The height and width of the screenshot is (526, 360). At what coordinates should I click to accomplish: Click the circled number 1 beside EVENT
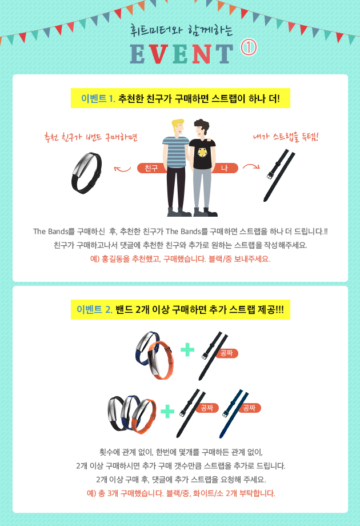coord(249,47)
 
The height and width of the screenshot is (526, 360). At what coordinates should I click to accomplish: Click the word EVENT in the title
coord(181,54)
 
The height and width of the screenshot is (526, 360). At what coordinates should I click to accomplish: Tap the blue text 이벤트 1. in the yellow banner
coord(98,98)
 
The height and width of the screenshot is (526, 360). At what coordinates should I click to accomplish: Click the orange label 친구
coord(151,168)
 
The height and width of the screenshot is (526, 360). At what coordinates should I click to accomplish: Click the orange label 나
coord(225,168)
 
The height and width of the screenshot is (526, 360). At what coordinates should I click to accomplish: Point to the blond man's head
coord(178,127)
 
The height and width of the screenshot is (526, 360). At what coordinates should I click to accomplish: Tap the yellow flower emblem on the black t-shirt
coord(202,153)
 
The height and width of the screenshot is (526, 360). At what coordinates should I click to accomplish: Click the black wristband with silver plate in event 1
coord(86,173)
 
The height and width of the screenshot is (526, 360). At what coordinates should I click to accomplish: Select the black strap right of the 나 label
coord(278,176)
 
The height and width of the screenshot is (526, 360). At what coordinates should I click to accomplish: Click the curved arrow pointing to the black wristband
coord(122,169)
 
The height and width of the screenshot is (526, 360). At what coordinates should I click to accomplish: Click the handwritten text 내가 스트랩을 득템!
coord(286,137)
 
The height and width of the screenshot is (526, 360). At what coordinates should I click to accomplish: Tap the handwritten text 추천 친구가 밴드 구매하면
coord(91,137)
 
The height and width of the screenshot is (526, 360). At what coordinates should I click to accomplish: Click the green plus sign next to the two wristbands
coord(187,349)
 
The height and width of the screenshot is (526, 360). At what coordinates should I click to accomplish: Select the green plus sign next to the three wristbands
coord(167,411)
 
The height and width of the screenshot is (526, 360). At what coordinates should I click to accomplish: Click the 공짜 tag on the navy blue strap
coord(249,408)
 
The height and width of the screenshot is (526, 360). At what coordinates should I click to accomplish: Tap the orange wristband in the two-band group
coord(161,360)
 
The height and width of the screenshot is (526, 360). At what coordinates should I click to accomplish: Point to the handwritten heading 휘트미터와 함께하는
coord(181,30)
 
